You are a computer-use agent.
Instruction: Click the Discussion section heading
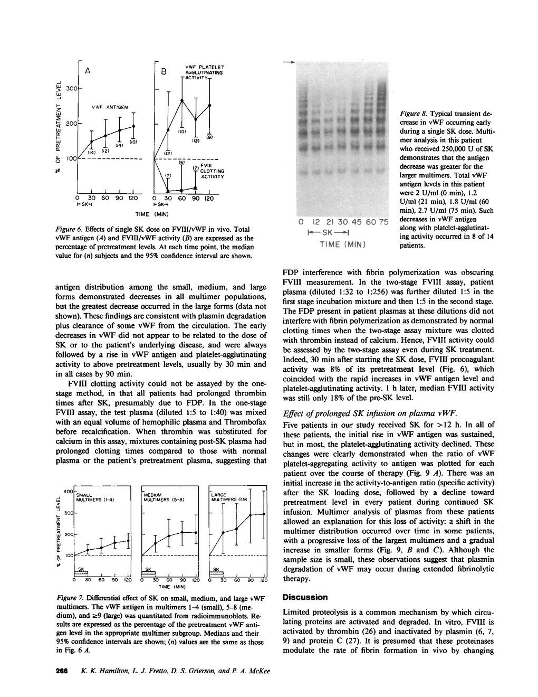tap(305, 597)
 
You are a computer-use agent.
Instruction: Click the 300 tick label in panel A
tap(72, 88)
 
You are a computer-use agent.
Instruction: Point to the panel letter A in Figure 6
tap(87, 70)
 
